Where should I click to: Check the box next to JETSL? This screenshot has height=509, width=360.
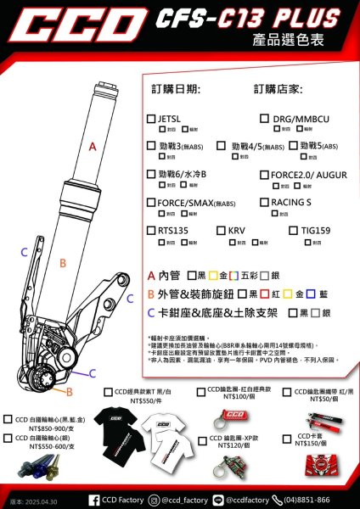click(x=150, y=119)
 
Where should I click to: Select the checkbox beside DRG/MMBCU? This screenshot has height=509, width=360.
click(x=263, y=119)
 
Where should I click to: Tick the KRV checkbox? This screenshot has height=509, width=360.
click(x=221, y=230)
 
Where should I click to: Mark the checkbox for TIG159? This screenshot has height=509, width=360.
click(x=293, y=230)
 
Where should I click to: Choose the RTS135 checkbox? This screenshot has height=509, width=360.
click(x=150, y=230)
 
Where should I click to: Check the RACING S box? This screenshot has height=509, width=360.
click(x=263, y=203)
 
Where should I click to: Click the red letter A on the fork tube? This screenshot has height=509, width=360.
click(x=92, y=147)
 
